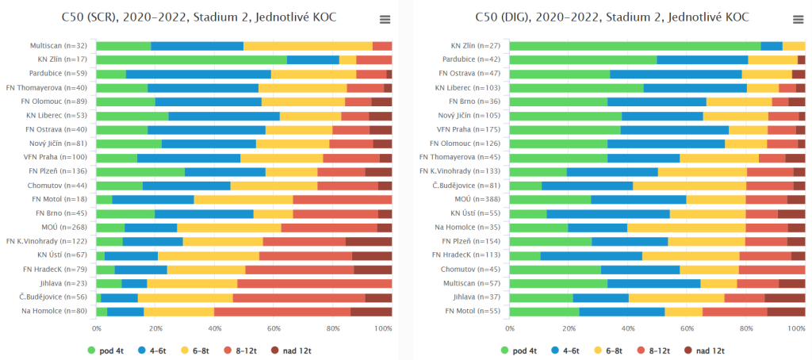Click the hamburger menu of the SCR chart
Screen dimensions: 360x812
[385, 20]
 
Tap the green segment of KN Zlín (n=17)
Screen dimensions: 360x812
[191, 59]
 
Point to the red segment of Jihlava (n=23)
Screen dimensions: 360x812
[314, 283]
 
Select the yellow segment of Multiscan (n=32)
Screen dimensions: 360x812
[308, 46]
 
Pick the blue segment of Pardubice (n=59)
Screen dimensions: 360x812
[198, 74]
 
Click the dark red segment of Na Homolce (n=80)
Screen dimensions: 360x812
[371, 311]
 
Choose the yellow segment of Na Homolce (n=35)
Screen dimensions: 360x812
[686, 228]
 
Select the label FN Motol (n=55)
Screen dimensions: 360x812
[478, 311]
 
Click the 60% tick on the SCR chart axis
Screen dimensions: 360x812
[274, 327]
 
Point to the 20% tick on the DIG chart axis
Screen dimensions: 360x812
[569, 327]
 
